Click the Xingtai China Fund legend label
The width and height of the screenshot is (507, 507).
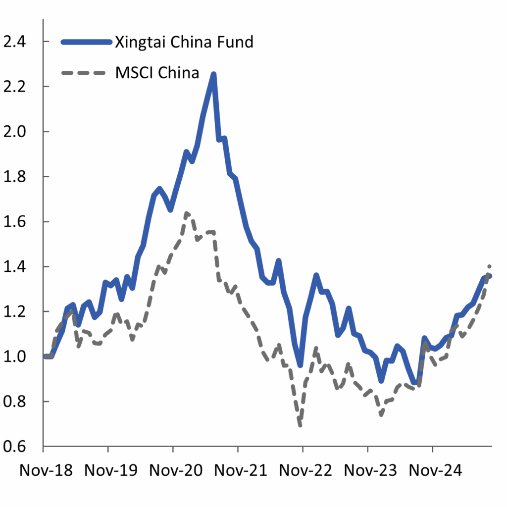[x=184, y=42]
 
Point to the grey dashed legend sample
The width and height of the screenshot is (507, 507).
[x=84, y=73]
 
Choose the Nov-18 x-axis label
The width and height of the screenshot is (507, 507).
[x=46, y=470]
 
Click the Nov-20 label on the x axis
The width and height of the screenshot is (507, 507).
[x=173, y=470]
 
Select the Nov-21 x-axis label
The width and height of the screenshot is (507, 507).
[x=238, y=470]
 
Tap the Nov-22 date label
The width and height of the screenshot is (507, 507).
[x=303, y=470]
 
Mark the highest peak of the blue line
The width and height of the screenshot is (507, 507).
[x=213, y=74]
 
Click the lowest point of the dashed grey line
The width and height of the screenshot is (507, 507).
[x=300, y=425]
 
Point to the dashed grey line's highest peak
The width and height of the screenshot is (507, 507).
[x=187, y=213]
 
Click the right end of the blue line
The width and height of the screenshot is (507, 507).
[x=490, y=276]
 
